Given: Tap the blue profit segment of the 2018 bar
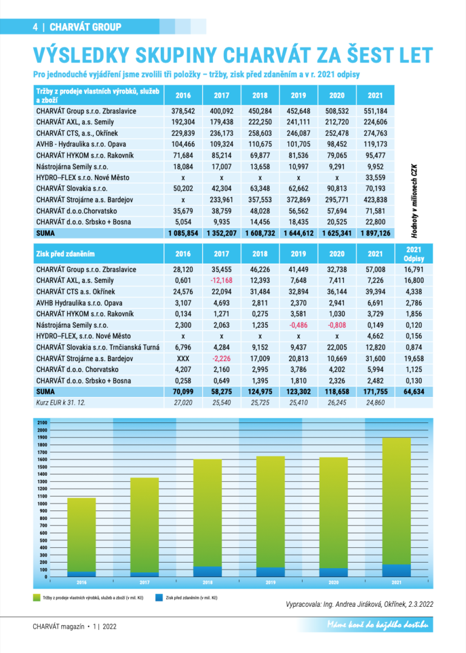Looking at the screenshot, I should pyautogui.click(x=208, y=571).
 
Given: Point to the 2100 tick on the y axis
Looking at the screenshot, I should pyautogui.click(x=42, y=422).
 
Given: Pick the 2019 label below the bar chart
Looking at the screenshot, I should pyautogui.click(x=271, y=583).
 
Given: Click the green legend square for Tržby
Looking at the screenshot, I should pyautogui.click(x=36, y=598).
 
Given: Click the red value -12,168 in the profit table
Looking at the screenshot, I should pyautogui.click(x=221, y=280).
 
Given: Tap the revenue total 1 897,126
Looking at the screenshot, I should pyautogui.click(x=375, y=233).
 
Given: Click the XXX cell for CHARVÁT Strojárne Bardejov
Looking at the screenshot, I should pyautogui.click(x=183, y=358).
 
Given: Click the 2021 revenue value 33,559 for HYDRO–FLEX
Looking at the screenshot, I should pyautogui.click(x=375, y=177).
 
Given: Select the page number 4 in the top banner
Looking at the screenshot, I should pyautogui.click(x=36, y=27).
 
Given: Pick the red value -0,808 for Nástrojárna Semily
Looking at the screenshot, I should pyautogui.click(x=336, y=325).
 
